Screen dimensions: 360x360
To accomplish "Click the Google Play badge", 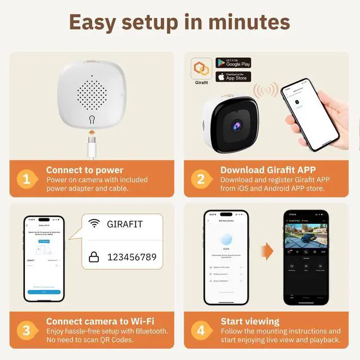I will click(233, 63).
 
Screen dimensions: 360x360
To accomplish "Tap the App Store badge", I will click(233, 76).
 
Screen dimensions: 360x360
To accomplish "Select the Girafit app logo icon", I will click(201, 70).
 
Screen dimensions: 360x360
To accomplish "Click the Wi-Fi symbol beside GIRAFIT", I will click(93, 224).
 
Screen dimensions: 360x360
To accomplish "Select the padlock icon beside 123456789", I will click(93, 257).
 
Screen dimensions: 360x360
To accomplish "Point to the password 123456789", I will click(132, 257).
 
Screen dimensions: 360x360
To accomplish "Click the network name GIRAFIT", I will click(125, 224).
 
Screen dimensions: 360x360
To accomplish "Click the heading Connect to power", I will click(84, 170).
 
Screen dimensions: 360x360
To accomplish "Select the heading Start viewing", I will click(250, 322).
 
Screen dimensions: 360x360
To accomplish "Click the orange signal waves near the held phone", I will click(265, 90).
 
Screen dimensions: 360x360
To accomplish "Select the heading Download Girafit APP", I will click(268, 170).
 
